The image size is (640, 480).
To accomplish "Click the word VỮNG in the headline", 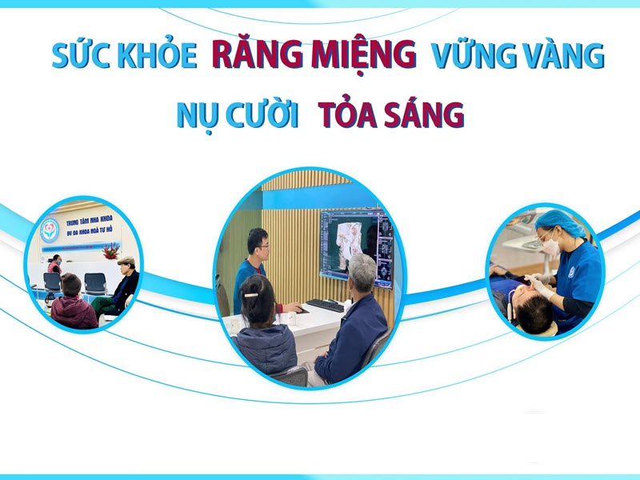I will coord(472,56).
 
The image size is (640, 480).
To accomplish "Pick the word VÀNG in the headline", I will coord(560,56).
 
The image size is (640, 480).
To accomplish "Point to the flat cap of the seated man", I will coord(126,261).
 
